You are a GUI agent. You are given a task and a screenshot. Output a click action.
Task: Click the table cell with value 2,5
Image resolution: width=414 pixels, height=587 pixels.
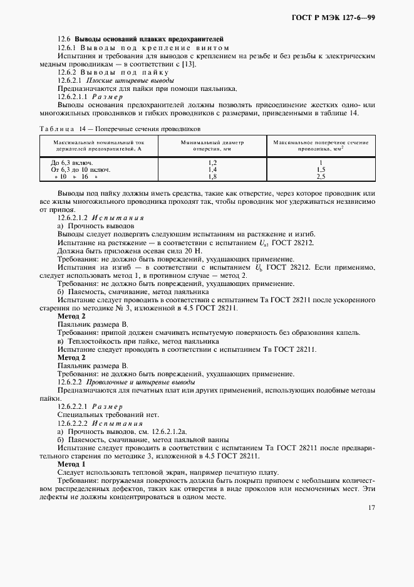(321, 177)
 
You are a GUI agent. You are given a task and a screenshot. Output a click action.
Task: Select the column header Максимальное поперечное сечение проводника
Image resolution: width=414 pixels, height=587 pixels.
(321, 146)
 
